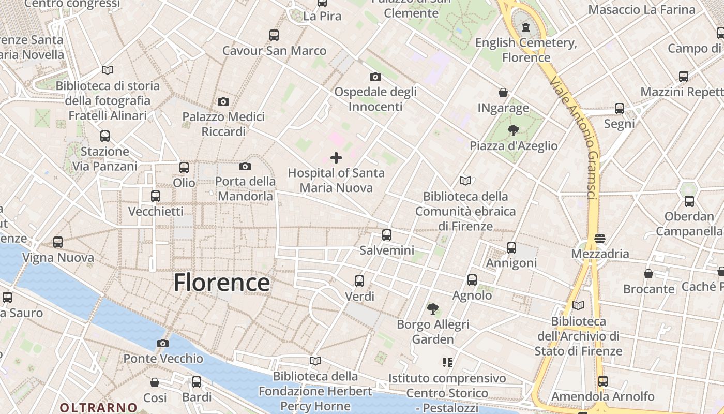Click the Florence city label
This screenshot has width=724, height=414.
221,283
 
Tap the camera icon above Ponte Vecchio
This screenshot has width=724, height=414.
163,343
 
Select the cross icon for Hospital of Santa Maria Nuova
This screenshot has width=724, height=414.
336,158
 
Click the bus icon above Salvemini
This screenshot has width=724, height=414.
387,235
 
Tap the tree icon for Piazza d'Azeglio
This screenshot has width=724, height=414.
513,130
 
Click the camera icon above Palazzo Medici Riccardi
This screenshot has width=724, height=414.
223,101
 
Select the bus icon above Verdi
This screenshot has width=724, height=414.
359,281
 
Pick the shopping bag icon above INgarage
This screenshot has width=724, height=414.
503,93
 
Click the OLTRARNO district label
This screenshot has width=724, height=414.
98,408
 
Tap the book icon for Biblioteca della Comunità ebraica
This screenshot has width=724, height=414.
465,181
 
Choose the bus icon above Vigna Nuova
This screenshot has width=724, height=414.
58,242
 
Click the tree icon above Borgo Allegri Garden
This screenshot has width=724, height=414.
433,309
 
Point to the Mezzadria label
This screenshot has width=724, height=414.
600,254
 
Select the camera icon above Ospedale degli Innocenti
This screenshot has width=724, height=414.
375,77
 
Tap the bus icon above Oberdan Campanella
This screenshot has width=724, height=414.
689,201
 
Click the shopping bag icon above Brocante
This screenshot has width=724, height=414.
648,274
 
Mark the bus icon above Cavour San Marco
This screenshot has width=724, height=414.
274,35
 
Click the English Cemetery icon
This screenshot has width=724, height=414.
526,27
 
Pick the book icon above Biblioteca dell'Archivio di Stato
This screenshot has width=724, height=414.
578,306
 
